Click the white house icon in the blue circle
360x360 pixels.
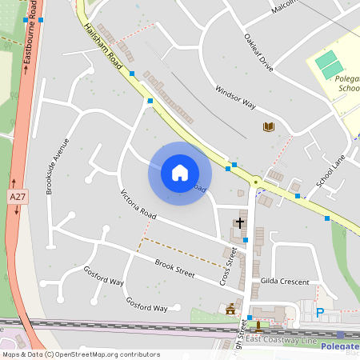[x=180, y=172]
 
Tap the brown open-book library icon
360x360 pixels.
[x=269, y=127]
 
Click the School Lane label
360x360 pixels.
[x=330, y=170]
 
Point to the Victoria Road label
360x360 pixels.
[x=138, y=206]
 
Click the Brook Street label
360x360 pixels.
[x=175, y=269]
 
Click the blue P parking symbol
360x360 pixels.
[x=321, y=313]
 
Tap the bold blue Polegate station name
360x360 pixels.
[x=339, y=346]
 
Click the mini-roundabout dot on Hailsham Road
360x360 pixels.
[x=256, y=182]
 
